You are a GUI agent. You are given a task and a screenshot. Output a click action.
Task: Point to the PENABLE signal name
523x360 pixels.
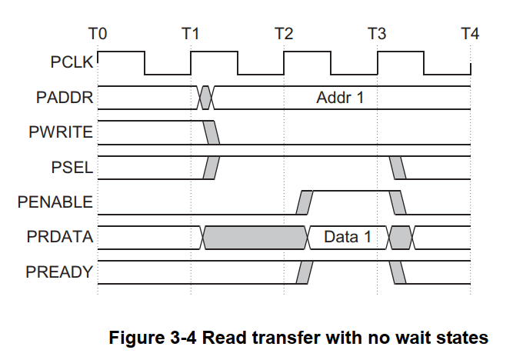coord(55,202)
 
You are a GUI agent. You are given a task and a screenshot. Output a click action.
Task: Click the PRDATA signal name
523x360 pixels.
coord(60,238)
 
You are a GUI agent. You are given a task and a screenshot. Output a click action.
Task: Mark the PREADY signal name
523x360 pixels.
coord(60,272)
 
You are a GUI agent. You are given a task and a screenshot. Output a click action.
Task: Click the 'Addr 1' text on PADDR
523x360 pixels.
coord(339,98)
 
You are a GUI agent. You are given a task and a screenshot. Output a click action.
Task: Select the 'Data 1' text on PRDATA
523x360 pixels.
coord(347,238)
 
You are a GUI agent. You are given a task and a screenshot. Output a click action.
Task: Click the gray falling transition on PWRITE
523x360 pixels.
coord(212,132)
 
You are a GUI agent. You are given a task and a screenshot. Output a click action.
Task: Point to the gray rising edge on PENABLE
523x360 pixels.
coord(305,202)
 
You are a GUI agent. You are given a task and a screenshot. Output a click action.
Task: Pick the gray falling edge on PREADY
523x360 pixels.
coord(398,272)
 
